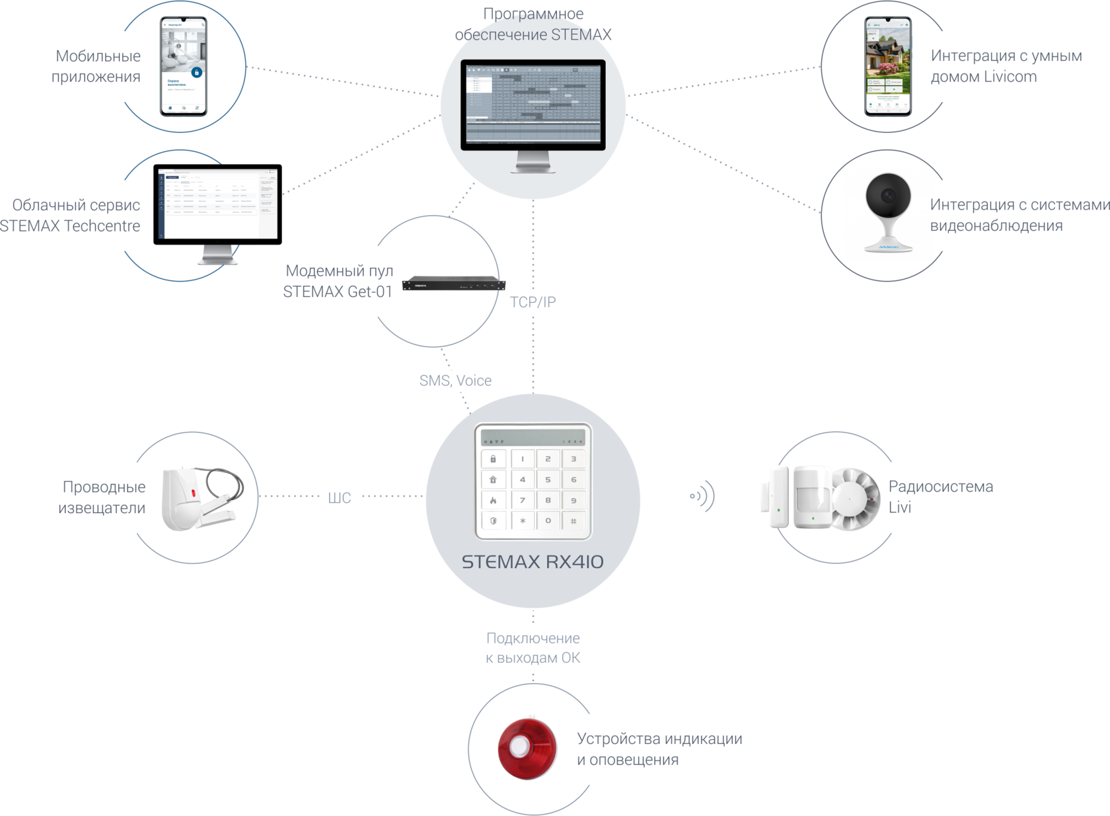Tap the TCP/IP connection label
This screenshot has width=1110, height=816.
point(533,302)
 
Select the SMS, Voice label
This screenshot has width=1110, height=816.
point(455,381)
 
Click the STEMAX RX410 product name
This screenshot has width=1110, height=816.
point(533,562)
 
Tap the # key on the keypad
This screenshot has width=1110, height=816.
point(573,521)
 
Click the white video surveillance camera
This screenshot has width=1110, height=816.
point(889,211)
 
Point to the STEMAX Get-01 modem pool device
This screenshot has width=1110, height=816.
point(453,284)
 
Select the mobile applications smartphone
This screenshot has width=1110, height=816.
point(184,66)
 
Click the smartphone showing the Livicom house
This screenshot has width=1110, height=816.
point(887,66)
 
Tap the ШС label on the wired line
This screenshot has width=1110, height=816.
point(339,497)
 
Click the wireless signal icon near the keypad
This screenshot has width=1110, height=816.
point(702,496)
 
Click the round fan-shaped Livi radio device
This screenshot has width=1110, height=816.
point(855,500)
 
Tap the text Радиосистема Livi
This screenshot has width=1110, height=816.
point(940,497)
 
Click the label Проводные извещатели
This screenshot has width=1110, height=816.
point(102,497)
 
